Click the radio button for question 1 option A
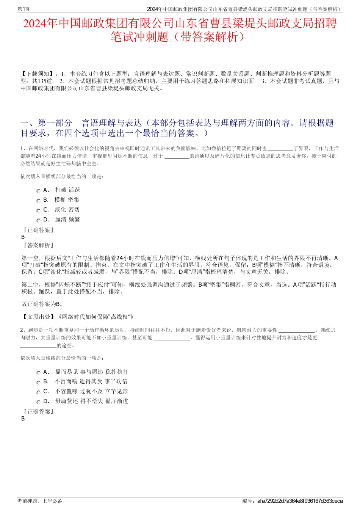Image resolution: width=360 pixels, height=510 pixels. coord(38,191)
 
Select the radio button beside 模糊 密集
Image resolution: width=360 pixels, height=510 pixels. coord(38,201)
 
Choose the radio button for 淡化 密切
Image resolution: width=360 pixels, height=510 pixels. coord(38,211)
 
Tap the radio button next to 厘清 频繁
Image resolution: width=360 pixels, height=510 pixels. coord(38,221)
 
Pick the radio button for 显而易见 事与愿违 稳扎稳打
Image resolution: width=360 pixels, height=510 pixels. coord(38,373)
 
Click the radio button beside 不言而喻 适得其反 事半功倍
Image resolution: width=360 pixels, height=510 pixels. coord(38,383)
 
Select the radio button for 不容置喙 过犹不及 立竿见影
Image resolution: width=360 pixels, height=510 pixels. coord(38,392)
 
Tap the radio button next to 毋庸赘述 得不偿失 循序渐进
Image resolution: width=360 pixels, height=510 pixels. coord(38,402)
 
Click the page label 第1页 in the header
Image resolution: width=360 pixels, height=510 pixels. coord(24,9)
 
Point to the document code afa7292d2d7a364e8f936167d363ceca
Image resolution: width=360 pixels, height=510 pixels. coord(300,501)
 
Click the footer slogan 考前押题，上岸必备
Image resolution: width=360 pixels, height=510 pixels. coord(40,501)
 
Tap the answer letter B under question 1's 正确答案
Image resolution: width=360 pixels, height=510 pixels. coord(23,237)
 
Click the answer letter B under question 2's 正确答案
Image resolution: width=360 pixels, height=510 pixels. coord(23,419)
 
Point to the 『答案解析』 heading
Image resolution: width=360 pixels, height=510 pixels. coord(38,245)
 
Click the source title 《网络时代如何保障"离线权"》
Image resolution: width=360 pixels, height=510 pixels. coord(95,317)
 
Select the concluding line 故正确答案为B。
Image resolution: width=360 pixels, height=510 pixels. coord(42,304)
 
